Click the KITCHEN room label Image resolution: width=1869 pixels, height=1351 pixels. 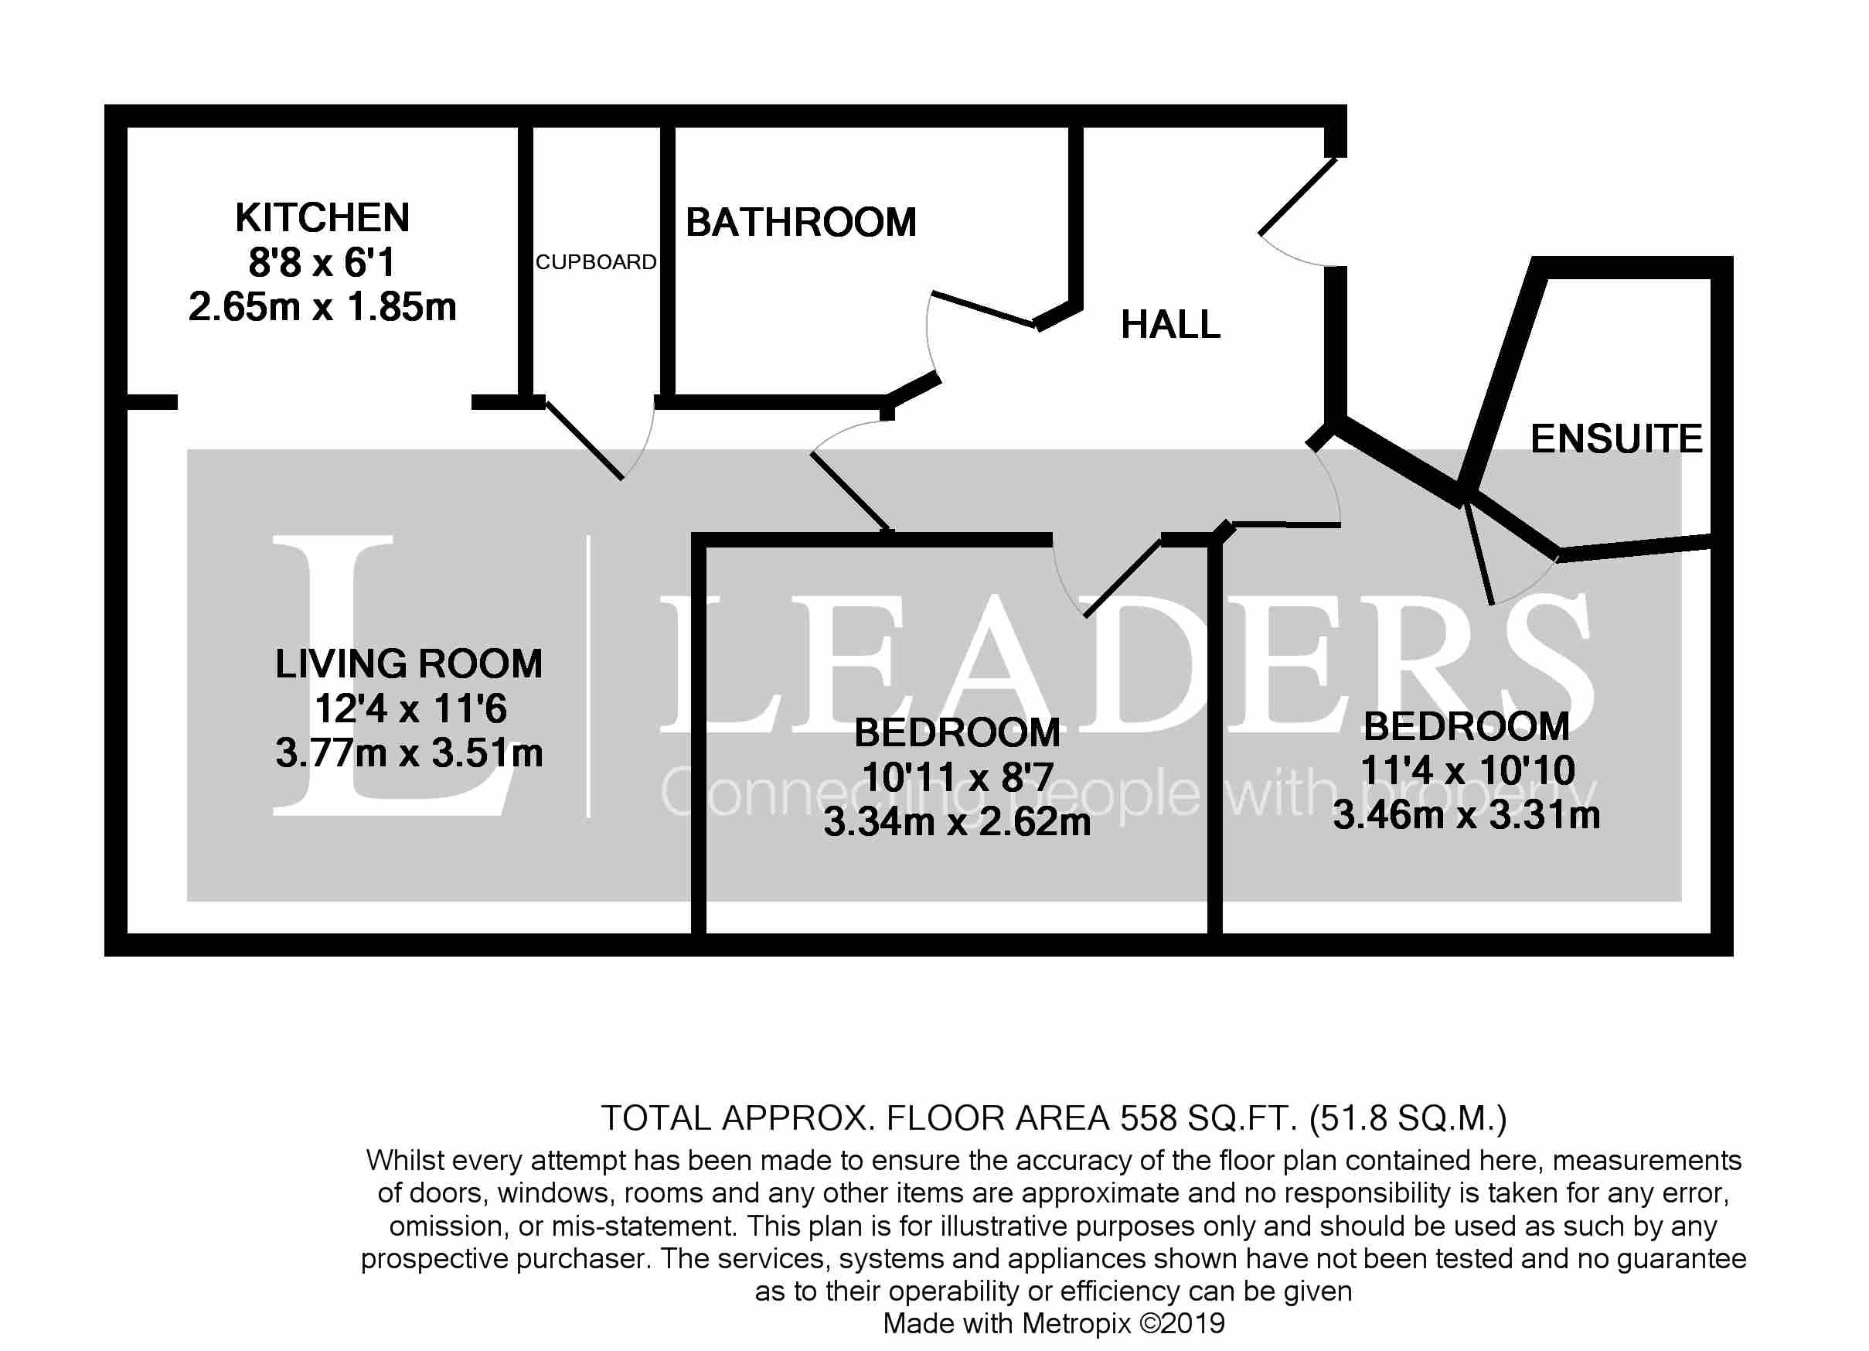pyautogui.click(x=322, y=218)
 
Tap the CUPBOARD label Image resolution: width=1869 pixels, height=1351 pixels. pyautogui.click(x=596, y=262)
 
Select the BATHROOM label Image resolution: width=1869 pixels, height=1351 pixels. pyautogui.click(x=801, y=223)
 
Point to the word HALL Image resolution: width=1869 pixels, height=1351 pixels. pyautogui.click(x=1170, y=325)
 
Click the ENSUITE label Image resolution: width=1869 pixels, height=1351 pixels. pyautogui.click(x=1616, y=438)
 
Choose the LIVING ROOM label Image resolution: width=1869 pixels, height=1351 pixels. pyautogui.click(x=409, y=664)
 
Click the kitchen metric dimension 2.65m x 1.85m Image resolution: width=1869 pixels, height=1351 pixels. pyautogui.click(x=322, y=308)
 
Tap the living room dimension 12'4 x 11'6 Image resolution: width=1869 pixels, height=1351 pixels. pyautogui.click(x=410, y=709)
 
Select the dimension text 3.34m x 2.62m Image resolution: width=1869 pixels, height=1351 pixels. pyautogui.click(x=957, y=822)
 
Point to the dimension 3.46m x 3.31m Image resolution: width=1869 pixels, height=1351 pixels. pyautogui.click(x=1466, y=815)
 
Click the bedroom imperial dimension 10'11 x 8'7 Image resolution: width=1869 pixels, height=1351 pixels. pyautogui.click(x=957, y=777)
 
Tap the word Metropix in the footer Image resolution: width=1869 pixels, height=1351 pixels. pyautogui.click(x=1076, y=1324)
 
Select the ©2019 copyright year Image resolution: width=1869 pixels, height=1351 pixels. pyautogui.click(x=1182, y=1323)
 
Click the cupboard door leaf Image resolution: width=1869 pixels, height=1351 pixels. pyautogui.click(x=584, y=440)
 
